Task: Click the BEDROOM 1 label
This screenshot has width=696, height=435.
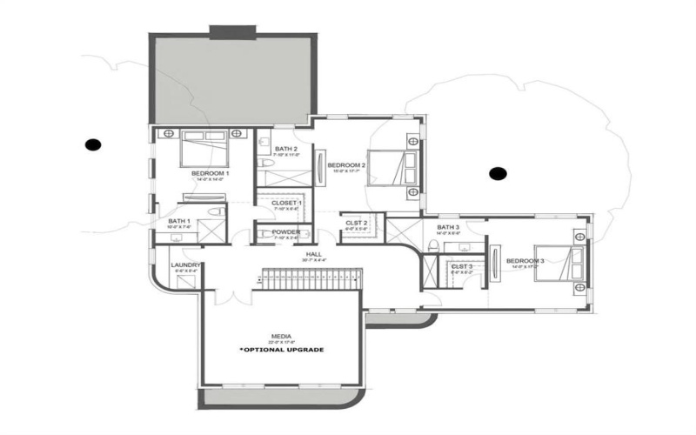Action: pyautogui.click(x=211, y=173)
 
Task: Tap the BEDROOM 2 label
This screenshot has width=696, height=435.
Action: pyautogui.click(x=346, y=164)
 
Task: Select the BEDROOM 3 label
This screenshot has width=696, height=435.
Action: pyautogui.click(x=525, y=261)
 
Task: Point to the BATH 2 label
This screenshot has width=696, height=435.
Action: pyautogui.click(x=287, y=149)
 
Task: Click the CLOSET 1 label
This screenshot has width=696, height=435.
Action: pyautogui.click(x=287, y=203)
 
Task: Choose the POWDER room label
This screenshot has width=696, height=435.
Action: pyautogui.click(x=286, y=232)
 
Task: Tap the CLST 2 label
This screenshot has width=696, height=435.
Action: pyautogui.click(x=357, y=224)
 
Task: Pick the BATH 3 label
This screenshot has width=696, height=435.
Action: pyautogui.click(x=448, y=227)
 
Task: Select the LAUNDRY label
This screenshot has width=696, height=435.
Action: pyautogui.click(x=187, y=265)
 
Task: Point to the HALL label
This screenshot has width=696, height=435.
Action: pyautogui.click(x=313, y=255)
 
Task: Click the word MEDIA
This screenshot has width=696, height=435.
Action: pyautogui.click(x=281, y=335)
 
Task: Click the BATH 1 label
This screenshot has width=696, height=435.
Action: pyautogui.click(x=181, y=221)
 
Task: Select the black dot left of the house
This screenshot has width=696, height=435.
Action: pyautogui.click(x=91, y=144)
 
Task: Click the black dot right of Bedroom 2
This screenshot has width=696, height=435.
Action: pyautogui.click(x=498, y=174)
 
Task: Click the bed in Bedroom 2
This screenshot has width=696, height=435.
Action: pyautogui.click(x=399, y=164)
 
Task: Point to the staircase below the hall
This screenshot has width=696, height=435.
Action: pyautogui.click(x=311, y=279)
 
